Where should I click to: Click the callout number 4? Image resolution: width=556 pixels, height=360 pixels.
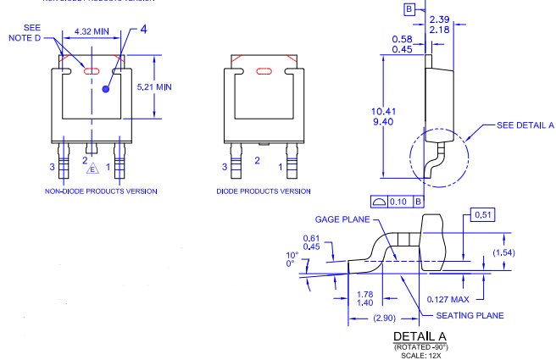tap(143, 30)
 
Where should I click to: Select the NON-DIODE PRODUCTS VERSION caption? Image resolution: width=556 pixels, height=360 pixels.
tap(101, 191)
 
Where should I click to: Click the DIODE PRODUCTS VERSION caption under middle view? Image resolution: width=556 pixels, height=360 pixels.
tap(264, 191)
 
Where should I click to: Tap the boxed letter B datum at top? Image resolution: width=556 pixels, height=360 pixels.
tap(409, 9)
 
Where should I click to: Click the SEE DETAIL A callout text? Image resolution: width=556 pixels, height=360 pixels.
tap(525, 125)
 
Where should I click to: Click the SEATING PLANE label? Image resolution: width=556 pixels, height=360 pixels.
tap(470, 315)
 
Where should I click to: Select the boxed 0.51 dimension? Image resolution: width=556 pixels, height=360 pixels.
tap(481, 214)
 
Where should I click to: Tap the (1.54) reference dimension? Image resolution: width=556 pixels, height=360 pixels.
tap(528, 252)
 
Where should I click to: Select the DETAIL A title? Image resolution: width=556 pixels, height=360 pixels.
tap(420, 336)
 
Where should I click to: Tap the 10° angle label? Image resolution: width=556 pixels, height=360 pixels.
tap(292, 255)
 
